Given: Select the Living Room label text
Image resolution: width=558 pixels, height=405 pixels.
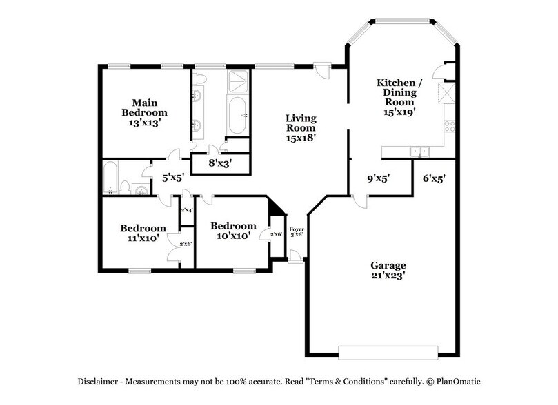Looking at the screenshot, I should pyautogui.click(x=301, y=128).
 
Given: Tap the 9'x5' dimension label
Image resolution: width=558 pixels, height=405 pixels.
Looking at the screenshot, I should pyautogui.click(x=379, y=178).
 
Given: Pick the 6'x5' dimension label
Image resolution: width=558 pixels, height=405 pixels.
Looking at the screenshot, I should pyautogui.click(x=433, y=178).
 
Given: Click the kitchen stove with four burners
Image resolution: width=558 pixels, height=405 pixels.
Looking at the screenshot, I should pyautogui.click(x=449, y=126).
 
